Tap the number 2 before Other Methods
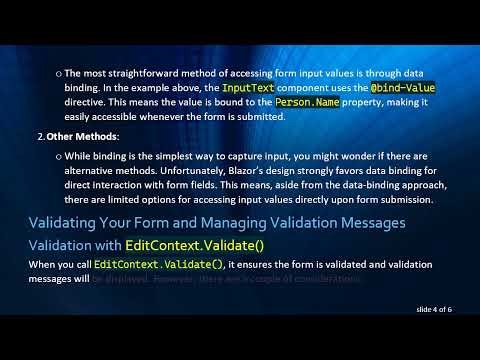click(40, 136)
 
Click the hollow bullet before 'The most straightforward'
click(58, 75)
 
